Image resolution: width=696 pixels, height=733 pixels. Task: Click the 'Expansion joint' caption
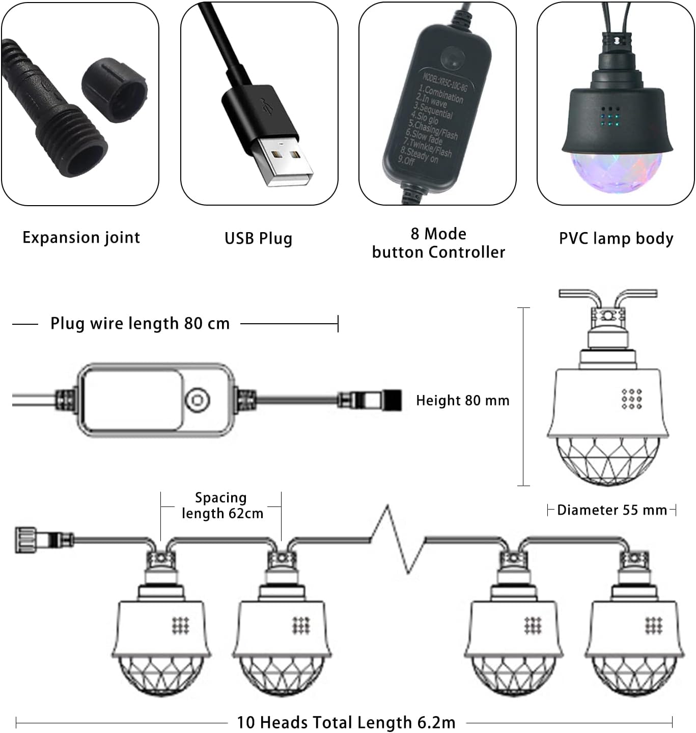[81, 238]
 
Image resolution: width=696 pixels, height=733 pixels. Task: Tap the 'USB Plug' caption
[258, 238]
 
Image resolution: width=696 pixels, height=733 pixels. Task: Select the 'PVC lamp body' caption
[616, 238]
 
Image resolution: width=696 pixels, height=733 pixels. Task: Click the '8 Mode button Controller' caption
[438, 243]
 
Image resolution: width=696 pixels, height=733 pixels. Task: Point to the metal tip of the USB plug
[283, 162]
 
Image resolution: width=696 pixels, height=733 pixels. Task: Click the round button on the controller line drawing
[197, 400]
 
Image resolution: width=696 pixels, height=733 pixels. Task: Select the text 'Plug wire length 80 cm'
[140, 323]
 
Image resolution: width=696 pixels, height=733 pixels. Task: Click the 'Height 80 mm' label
[462, 401]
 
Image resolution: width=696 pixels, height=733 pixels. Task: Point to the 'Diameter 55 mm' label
[611, 510]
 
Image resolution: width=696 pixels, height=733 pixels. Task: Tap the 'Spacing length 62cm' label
[221, 505]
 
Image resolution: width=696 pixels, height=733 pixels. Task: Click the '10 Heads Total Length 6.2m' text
[346, 722]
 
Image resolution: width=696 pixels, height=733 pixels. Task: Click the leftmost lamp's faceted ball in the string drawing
[161, 674]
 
